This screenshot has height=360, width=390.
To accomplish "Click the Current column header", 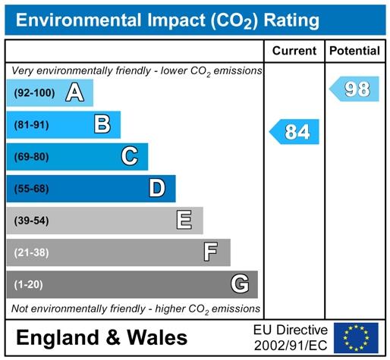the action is pyautogui.click(x=294, y=51).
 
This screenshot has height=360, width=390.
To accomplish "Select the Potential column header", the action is pyautogui.click(x=354, y=51).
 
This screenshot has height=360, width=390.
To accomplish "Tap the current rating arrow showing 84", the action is pyautogui.click(x=294, y=132).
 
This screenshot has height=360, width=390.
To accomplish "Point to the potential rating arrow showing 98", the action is pyautogui.click(x=354, y=89).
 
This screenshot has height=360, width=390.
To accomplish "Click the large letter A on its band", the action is pyautogui.click(x=74, y=92).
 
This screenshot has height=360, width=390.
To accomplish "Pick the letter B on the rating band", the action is pyautogui.click(x=102, y=124).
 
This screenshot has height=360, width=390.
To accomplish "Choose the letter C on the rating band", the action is pyautogui.click(x=130, y=156).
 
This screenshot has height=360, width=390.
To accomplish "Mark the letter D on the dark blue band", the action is pyautogui.click(x=157, y=188).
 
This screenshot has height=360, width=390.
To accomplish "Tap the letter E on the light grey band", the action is pyautogui.click(x=184, y=220).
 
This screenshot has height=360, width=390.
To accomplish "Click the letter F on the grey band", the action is pyautogui.click(x=210, y=252).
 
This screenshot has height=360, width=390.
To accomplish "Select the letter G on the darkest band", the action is pyautogui.click(x=240, y=283).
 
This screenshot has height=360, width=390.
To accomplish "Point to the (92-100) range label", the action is pyautogui.click(x=34, y=93).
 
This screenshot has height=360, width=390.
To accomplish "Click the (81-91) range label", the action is pyautogui.click(x=31, y=125).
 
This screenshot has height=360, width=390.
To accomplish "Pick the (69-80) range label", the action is pyautogui.click(x=31, y=157).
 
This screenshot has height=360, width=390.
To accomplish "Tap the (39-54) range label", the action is pyautogui.click(x=31, y=221).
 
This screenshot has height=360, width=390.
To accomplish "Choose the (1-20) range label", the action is pyautogui.click(x=28, y=285).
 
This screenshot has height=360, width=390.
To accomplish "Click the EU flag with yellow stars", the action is pyautogui.click(x=356, y=338).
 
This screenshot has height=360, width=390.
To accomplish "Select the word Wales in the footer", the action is pyautogui.click(x=157, y=337).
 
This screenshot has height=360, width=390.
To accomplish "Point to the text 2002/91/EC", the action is pyautogui.click(x=291, y=346).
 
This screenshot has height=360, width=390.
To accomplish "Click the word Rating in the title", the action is pyautogui.click(x=291, y=20).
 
